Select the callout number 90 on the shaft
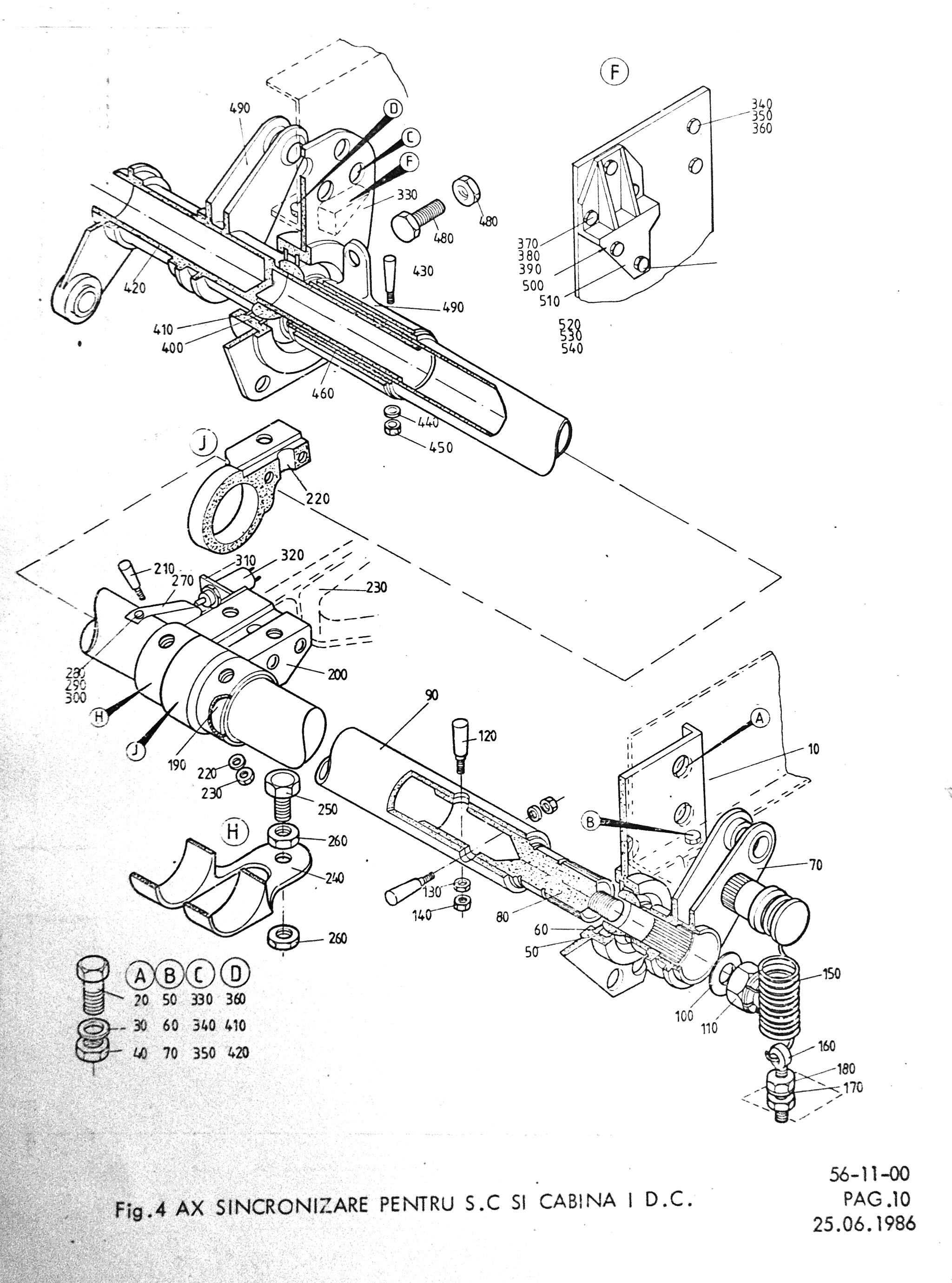pos(432,695)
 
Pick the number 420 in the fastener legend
pos(238,1053)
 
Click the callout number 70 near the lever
pos(815,865)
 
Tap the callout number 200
pos(337,674)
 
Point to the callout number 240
pos(334,878)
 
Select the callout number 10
pos(813,749)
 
